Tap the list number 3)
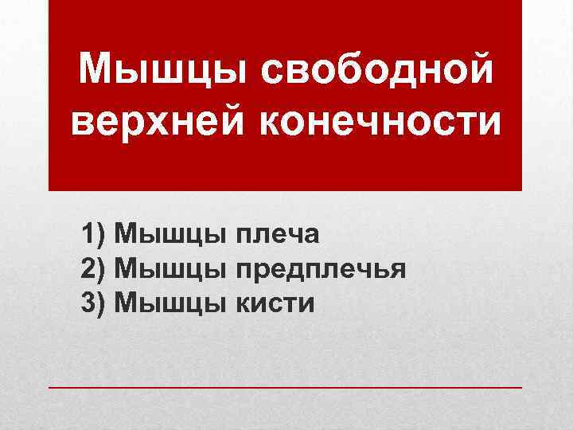pos(95,303)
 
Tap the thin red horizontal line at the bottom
pos(286,386)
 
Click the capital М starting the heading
pos(98,72)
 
